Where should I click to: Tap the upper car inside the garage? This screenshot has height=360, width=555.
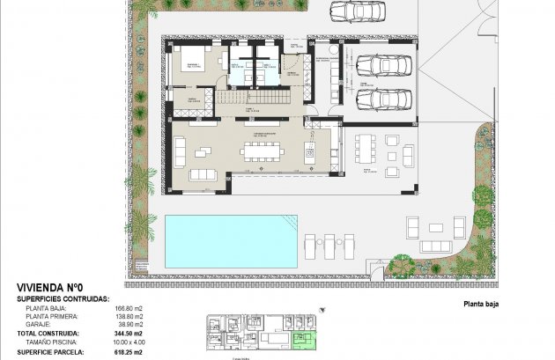click(x=382, y=67)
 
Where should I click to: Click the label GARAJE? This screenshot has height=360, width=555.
click(x=39, y=325)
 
